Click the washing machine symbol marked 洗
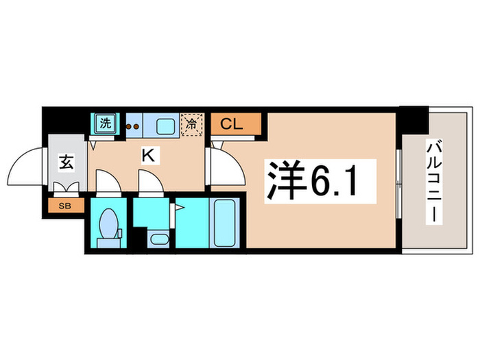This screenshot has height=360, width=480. coord(105,125)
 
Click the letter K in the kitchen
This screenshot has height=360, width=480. coord(147,156)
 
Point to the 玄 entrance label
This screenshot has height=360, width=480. coord(65,163)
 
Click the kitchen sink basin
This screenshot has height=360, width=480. coord(165,125)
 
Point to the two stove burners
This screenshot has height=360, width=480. coord(133,126)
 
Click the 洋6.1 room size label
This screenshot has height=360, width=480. coord(311,180)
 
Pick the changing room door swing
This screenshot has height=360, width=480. coord(149,184)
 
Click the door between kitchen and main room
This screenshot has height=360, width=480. coord(224,165)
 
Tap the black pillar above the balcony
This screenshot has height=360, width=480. coord(413,120)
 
